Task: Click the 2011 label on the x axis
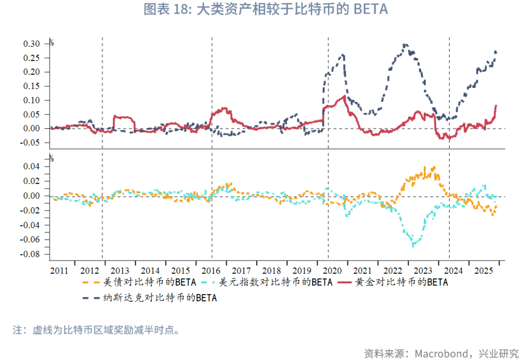[59, 271]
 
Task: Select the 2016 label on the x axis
[211, 271]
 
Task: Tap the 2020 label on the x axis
[332, 271]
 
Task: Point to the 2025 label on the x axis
[484, 271]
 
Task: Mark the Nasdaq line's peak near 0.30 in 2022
[404, 45]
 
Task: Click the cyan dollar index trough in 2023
[413, 244]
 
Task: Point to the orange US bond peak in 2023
[434, 167]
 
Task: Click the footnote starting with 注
[96, 330]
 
